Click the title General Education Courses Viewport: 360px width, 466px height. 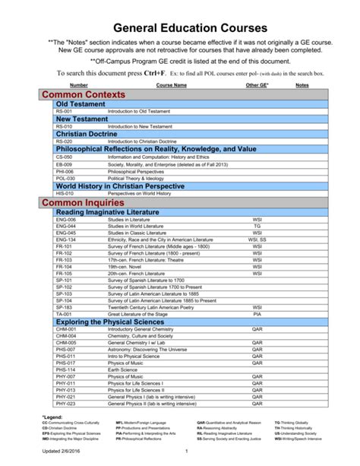point(179,27)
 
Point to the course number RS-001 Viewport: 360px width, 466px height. point(64,111)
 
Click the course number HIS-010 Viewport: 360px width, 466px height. point(65,193)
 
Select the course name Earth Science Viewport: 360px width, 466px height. point(125,369)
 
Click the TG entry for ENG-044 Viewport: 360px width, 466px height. point(257,226)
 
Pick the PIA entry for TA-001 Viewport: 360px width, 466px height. point(257,313)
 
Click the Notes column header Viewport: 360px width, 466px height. point(302,85)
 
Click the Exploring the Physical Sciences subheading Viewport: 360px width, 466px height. point(110,322)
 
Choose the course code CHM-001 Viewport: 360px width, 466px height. point(66,329)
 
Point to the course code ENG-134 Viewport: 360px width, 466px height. point(66,239)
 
